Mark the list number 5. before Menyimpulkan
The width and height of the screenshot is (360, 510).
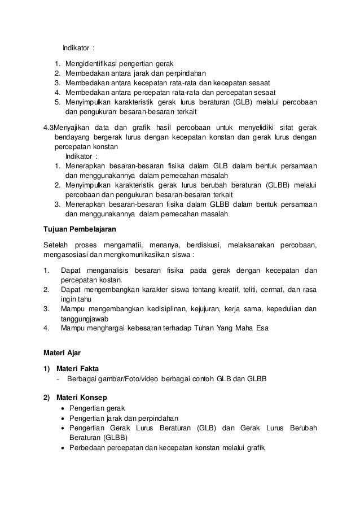coord(58,102)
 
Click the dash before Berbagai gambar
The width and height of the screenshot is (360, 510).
coord(58,378)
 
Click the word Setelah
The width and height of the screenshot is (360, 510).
coord(56,244)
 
